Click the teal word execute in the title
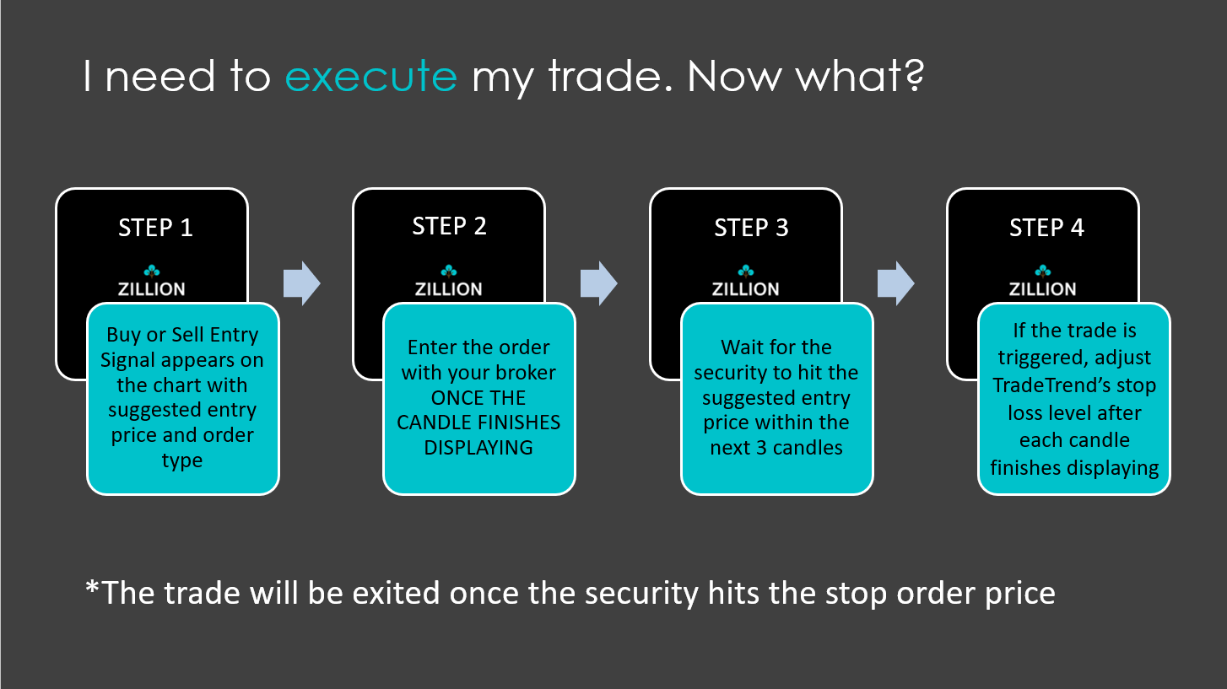370,76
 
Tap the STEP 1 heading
155,228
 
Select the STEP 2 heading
449,226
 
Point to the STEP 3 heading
751,228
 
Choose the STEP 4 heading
1046,228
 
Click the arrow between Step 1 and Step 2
302,283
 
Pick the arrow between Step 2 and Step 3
598,283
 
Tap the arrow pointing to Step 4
895,283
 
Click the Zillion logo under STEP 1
152,282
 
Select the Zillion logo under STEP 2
449,282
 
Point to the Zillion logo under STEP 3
745,282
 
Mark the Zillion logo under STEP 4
1043,282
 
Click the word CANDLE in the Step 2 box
430,423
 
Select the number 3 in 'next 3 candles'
761,448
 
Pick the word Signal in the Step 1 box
129,361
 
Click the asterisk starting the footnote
93,589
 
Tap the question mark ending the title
915,75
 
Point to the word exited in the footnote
396,593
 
